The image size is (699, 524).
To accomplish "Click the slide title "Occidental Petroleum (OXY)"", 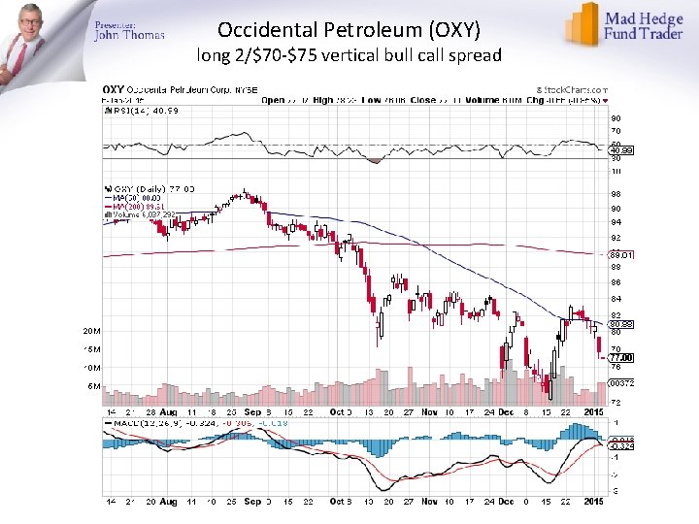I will [x=349, y=29].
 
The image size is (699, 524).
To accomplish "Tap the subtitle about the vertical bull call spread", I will [x=349, y=55].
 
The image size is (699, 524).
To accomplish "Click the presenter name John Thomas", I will [x=129, y=36].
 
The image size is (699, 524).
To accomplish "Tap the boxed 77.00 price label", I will [x=621, y=357].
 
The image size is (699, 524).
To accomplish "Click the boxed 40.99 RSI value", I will [x=621, y=150].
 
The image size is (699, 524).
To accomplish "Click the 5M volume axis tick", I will [x=92, y=385].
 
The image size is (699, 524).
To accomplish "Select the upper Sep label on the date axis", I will [x=252, y=412].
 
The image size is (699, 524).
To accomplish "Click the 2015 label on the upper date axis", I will [x=591, y=412].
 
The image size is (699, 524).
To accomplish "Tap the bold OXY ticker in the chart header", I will [x=114, y=89].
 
